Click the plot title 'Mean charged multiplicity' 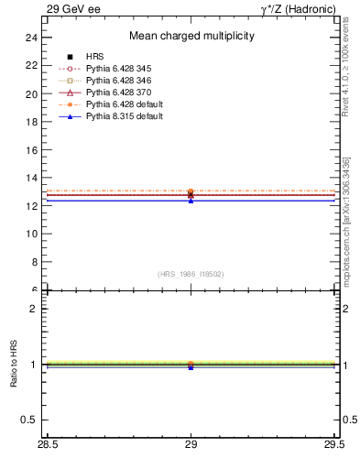[191, 37]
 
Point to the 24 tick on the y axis [31, 38]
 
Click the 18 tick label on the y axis [31, 122]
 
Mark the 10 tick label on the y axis [31, 234]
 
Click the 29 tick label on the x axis [191, 445]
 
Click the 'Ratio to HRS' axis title [13, 365]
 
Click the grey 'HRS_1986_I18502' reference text [191, 274]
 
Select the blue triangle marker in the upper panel [191, 200]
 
